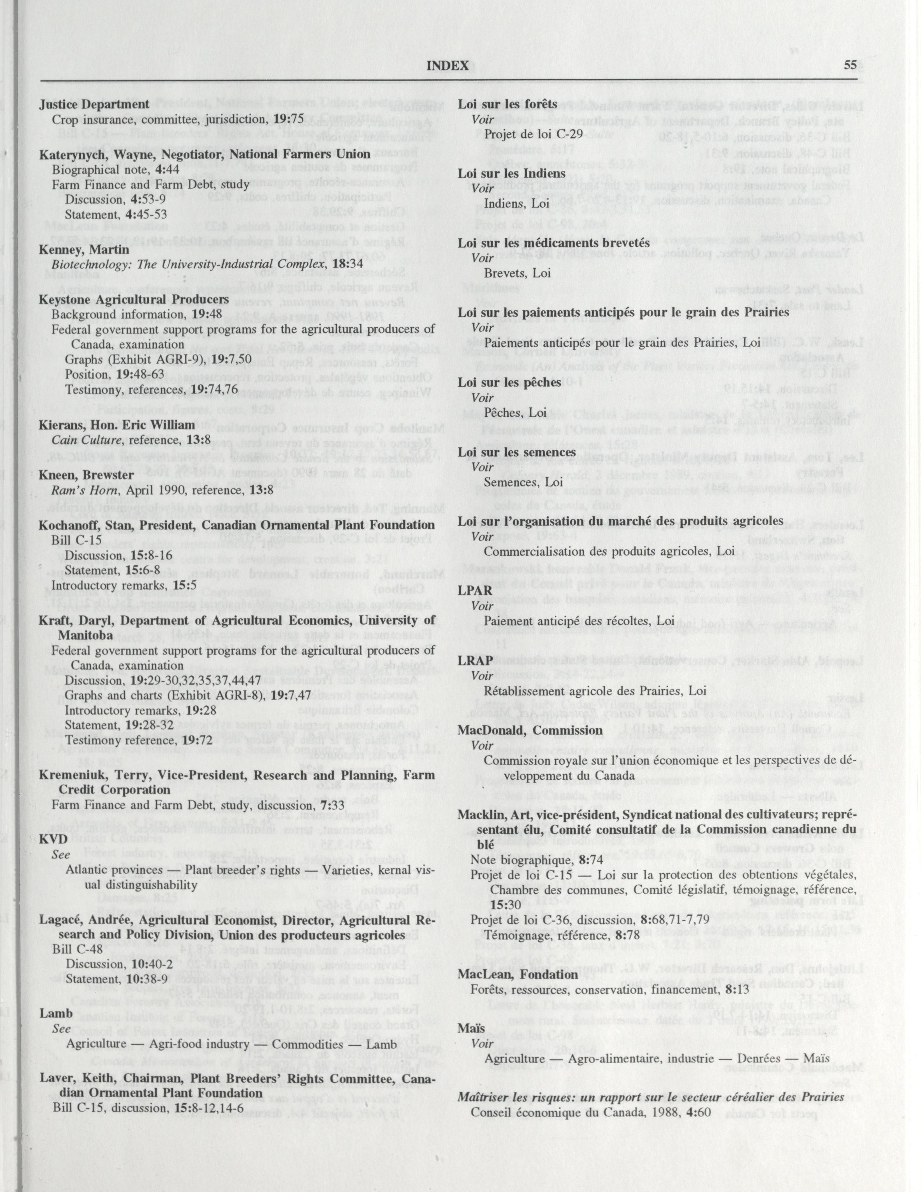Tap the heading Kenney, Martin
coord(84,250)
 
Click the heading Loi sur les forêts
coord(507,104)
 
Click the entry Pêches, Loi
coord(515,413)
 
